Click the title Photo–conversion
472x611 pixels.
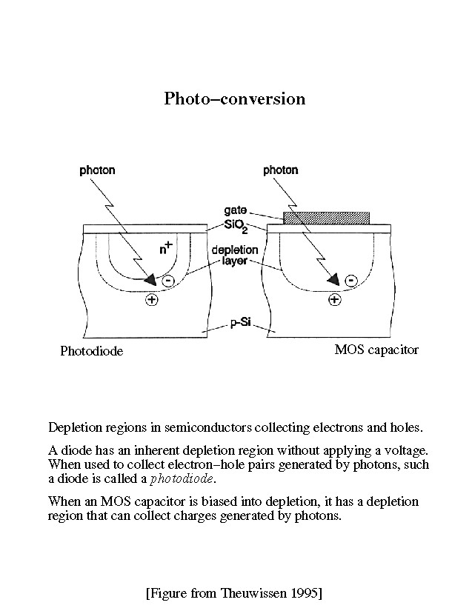(235, 99)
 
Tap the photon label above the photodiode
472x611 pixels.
(97, 170)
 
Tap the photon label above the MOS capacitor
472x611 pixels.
(281, 170)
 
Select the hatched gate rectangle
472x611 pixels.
(327, 218)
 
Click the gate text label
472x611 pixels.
(236, 210)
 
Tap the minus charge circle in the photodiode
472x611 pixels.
(168, 281)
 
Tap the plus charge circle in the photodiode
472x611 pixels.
(152, 300)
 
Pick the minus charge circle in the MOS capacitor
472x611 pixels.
(351, 280)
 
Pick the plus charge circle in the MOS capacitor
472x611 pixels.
(335, 299)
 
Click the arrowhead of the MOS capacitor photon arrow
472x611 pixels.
(333, 279)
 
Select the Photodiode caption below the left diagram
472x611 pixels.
(91, 351)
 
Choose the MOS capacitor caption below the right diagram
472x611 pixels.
(376, 350)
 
